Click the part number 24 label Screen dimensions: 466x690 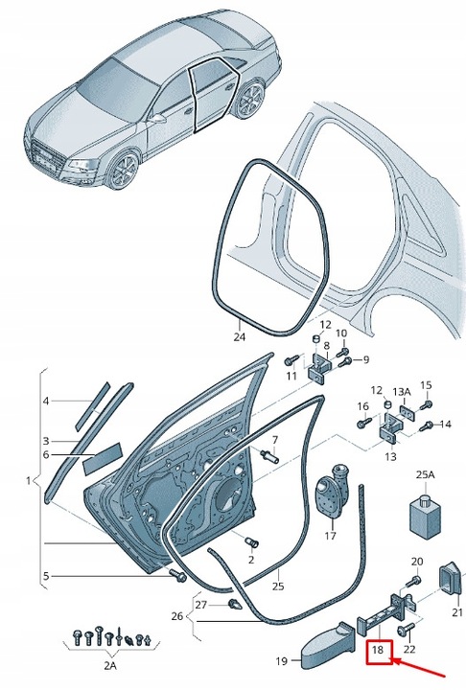click(x=240, y=337)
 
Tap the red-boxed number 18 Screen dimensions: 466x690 click(x=379, y=650)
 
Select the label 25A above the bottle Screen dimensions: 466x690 click(x=425, y=474)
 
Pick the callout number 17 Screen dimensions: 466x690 click(x=331, y=536)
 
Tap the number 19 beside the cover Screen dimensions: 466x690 click(x=282, y=660)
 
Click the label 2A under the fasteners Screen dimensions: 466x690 click(x=110, y=678)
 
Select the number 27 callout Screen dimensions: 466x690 click(x=201, y=605)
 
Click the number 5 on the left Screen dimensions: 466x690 click(x=46, y=576)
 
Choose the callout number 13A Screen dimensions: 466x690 click(x=401, y=391)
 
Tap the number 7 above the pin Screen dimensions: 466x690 click(x=275, y=440)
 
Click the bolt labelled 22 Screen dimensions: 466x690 click(x=406, y=631)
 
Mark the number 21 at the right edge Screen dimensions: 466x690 click(x=457, y=611)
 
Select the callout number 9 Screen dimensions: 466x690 click(x=365, y=359)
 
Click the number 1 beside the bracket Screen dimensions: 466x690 click(x=29, y=480)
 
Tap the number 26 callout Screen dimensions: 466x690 click(x=177, y=615)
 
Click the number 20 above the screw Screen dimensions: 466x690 click(x=417, y=561)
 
